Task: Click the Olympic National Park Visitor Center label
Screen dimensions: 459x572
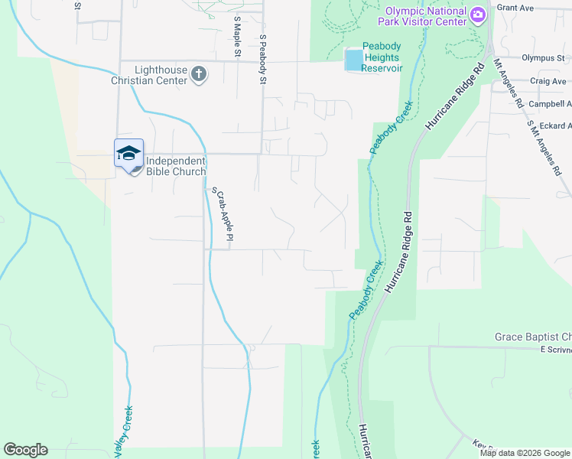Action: [425, 16]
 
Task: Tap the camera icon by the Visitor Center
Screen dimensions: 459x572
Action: [478, 14]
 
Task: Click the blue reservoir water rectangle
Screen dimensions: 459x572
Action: [353, 60]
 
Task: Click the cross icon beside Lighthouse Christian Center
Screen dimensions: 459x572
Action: [199, 74]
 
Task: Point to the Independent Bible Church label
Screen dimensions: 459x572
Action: [175, 166]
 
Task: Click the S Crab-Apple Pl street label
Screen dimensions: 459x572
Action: [222, 217]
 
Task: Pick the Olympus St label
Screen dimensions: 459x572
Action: [543, 57]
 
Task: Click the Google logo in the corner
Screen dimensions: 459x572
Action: [25, 450]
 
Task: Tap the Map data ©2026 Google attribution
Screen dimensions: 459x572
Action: [525, 453]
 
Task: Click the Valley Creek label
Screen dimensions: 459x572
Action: [122, 433]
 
